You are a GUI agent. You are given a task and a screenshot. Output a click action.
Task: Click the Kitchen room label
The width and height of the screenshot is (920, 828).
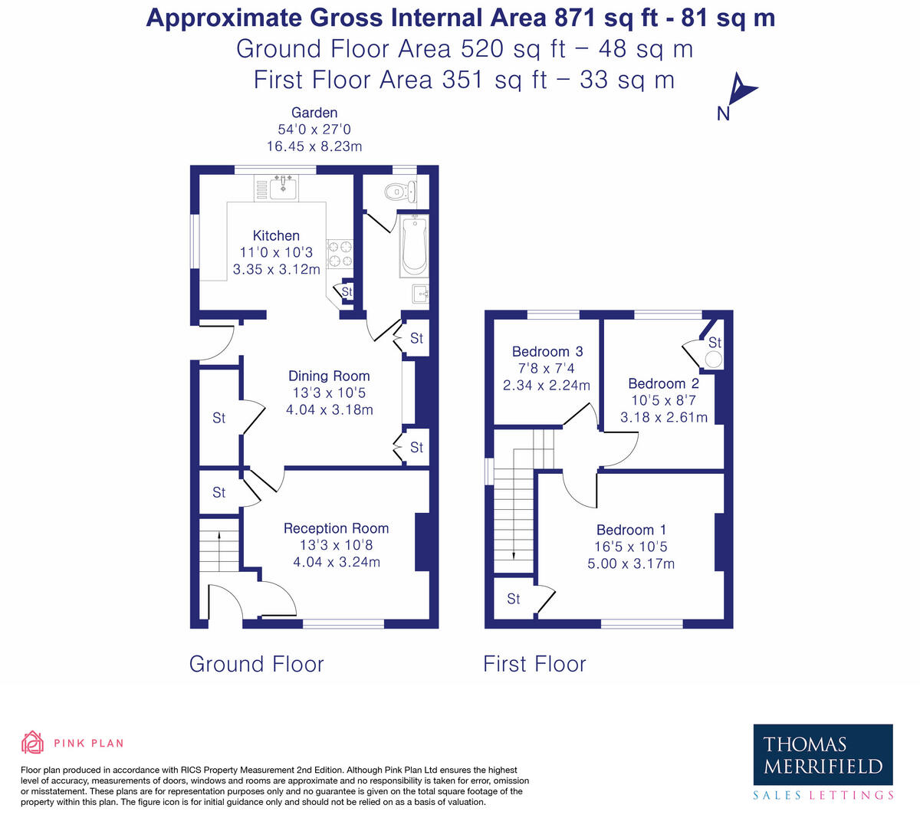[x=276, y=236]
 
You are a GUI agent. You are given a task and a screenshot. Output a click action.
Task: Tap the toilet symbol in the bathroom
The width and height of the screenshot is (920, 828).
[x=400, y=191]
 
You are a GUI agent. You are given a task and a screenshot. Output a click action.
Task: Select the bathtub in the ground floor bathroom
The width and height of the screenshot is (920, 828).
[x=414, y=245]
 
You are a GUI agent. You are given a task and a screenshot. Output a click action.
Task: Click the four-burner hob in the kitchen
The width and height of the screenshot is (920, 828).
[x=340, y=254]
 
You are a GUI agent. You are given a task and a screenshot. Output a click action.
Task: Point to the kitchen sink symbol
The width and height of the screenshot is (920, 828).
[x=284, y=186]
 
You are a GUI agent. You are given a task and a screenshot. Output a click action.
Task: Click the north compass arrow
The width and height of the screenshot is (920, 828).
[x=740, y=90]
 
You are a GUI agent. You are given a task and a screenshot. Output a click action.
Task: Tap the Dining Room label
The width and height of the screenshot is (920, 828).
[x=329, y=376]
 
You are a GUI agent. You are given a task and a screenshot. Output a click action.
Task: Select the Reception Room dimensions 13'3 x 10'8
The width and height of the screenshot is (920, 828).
[x=336, y=545]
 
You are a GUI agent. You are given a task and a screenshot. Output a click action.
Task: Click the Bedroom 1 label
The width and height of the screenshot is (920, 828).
[x=631, y=530]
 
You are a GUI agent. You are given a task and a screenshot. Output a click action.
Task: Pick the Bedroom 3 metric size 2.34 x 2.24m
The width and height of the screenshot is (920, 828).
[x=547, y=385]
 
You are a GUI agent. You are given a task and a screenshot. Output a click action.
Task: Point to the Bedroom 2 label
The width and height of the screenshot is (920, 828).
[x=663, y=383]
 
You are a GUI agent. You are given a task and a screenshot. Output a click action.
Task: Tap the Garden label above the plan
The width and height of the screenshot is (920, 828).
[x=314, y=113]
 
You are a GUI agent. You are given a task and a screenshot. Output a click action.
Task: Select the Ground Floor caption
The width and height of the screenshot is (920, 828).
[x=256, y=664]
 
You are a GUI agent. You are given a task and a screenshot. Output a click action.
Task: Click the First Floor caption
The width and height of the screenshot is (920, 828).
[x=534, y=664]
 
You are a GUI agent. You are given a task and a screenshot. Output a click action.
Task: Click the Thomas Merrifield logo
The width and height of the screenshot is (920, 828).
[x=823, y=755]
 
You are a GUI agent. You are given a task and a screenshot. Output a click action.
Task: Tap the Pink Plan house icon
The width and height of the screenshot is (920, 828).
[x=32, y=742]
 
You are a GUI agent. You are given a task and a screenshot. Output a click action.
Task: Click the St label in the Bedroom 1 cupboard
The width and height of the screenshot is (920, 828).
[x=513, y=599]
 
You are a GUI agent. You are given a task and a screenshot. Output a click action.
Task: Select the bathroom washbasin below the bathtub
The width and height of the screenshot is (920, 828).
[x=419, y=294]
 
